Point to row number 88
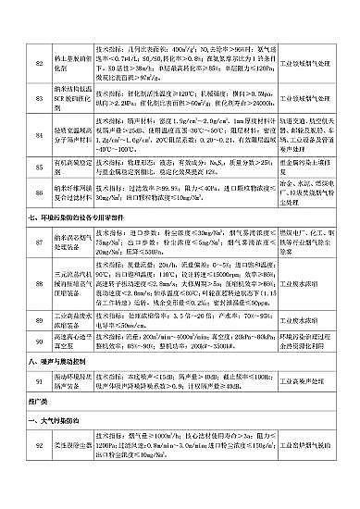click(39, 282)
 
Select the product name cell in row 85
click(71, 167)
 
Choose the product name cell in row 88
click(71, 282)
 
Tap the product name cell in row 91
click(71, 383)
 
